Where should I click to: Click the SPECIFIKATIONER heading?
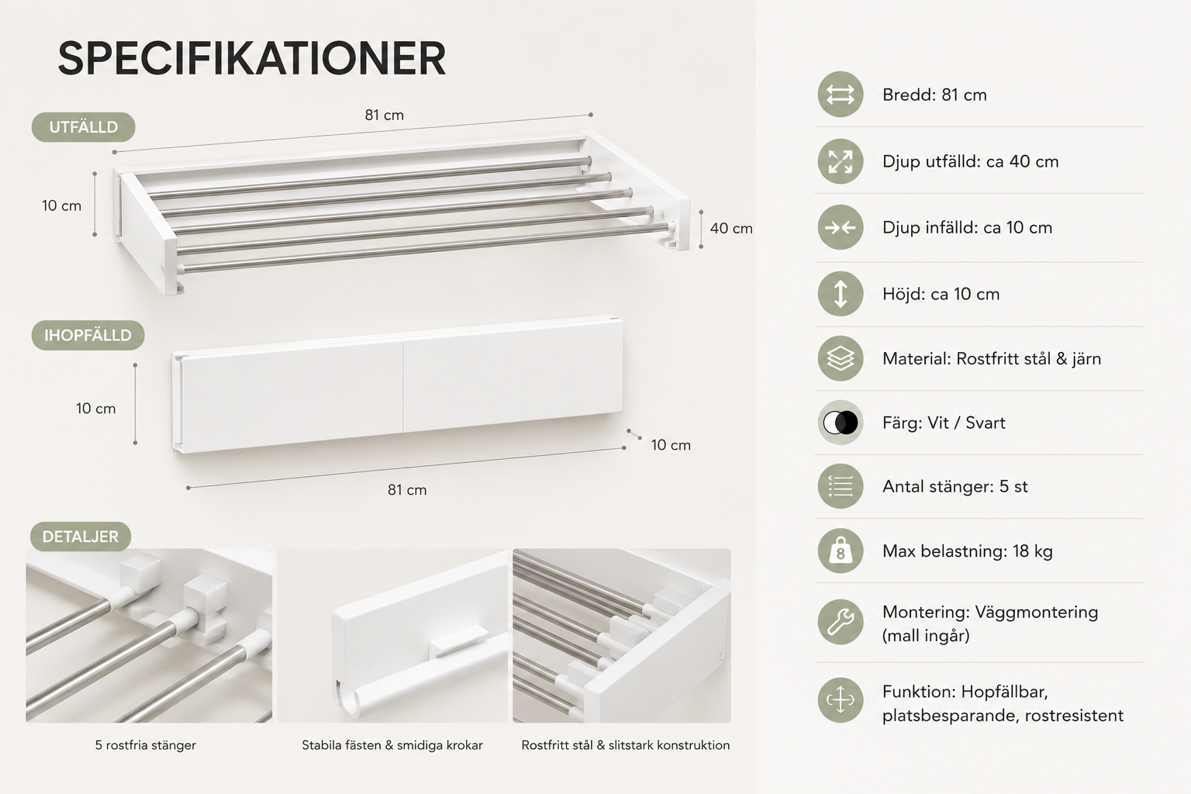coord(251,58)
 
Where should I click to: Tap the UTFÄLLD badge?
coord(84,127)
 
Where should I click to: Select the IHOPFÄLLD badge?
coord(88,335)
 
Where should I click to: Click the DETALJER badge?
coord(81,536)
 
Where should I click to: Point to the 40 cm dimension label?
coord(731,228)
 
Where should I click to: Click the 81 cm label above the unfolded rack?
coord(385,115)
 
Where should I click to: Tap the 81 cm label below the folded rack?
coord(407,490)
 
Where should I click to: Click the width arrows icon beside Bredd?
coord(840,94)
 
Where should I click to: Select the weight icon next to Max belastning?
coord(840,551)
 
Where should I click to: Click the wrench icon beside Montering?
coord(840,622)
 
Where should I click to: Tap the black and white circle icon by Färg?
coord(840,423)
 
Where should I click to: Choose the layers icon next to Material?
coord(840,358)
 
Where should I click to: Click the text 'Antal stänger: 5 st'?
coord(955,487)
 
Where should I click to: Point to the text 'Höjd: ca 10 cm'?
coord(941,294)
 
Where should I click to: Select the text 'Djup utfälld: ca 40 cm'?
coord(970,162)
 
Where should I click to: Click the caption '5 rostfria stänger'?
coord(146,745)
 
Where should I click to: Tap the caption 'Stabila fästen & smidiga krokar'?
coord(392,745)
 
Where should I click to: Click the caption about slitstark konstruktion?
coord(625,745)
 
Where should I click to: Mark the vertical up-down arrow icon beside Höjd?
coord(840,294)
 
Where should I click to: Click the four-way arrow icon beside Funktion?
coord(840,700)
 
